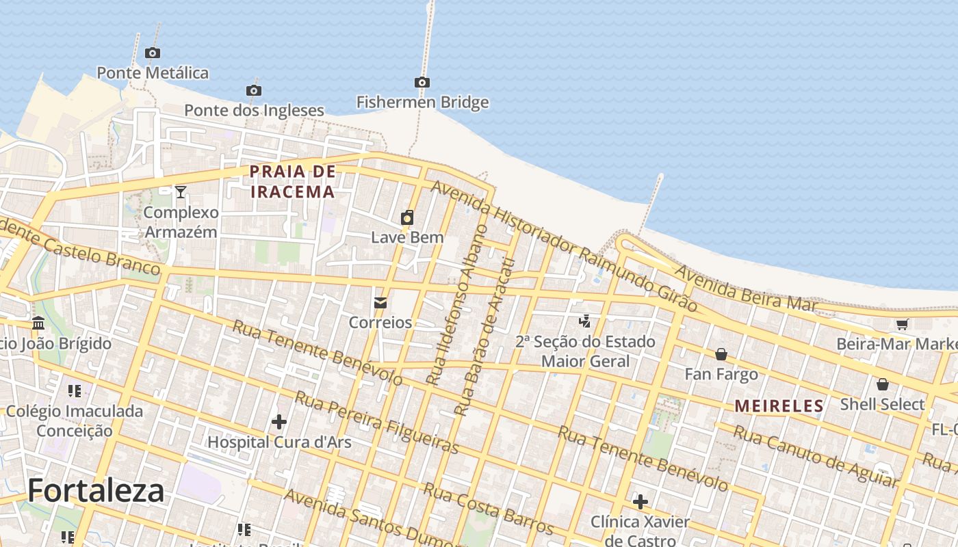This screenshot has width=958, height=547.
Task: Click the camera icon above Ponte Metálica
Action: click(153, 53)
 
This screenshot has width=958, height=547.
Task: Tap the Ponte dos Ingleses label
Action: click(254, 110)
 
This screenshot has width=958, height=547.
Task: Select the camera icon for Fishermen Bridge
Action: click(422, 83)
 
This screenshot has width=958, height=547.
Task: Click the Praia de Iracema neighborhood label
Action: click(293, 182)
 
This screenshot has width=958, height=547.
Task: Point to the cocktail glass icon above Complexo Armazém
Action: click(181, 192)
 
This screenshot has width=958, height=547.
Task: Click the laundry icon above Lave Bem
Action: click(407, 218)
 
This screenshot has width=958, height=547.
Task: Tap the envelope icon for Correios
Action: click(380, 303)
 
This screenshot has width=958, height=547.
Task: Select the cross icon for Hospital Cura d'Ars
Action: click(279, 422)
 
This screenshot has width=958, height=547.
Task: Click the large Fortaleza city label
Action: click(96, 490)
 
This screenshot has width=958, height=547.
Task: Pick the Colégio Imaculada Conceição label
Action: click(75, 421)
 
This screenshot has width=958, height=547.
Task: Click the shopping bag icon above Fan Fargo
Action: click(721, 354)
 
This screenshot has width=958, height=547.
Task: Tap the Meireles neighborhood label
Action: click(779, 406)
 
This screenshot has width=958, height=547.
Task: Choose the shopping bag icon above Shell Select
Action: click(883, 384)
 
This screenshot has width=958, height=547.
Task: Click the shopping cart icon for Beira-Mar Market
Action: click(903, 325)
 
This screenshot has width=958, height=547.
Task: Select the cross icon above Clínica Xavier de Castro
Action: click(640, 503)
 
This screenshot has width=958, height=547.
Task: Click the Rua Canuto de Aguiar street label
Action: click(814, 456)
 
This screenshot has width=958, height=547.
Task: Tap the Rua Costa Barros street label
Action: click(488, 509)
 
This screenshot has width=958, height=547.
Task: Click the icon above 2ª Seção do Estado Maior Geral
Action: click(585, 321)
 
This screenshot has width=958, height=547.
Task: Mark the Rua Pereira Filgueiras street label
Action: click(377, 423)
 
